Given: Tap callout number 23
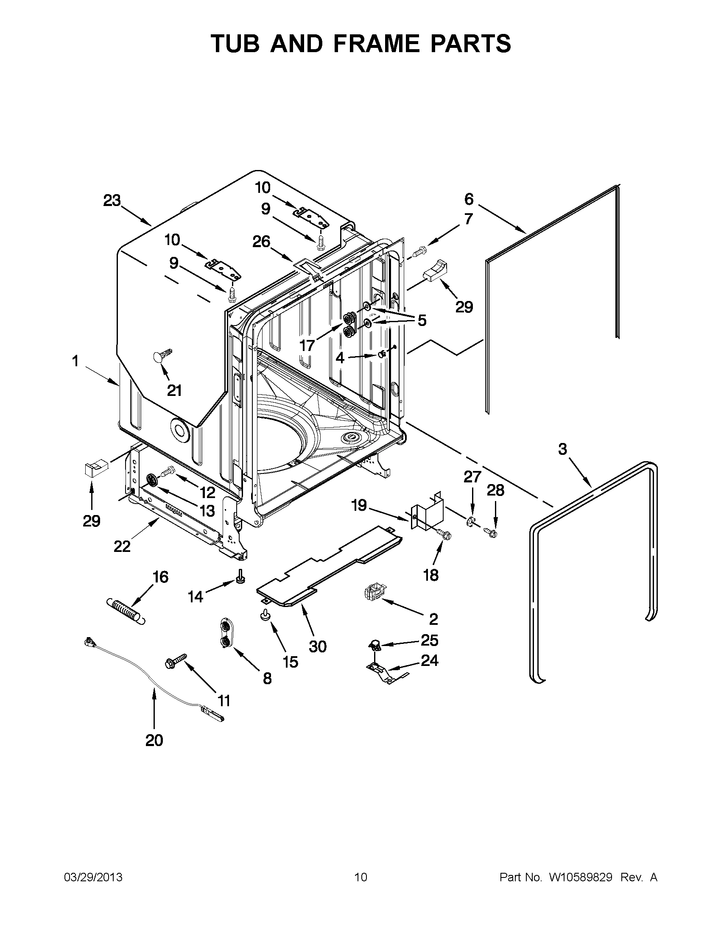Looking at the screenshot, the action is [112, 201].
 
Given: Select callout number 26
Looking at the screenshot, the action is [261, 242].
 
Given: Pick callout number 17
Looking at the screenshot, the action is [307, 345].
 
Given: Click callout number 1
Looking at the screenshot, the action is [75, 362].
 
